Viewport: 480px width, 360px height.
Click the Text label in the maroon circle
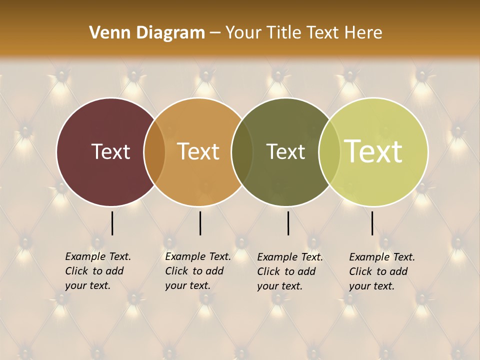(x=110, y=151)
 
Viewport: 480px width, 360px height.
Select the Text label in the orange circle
(x=198, y=151)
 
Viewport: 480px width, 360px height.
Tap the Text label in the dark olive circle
(x=285, y=151)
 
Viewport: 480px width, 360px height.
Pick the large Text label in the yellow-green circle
(x=373, y=151)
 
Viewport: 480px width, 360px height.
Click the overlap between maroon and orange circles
(x=154, y=151)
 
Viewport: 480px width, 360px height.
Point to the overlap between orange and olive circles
(x=242, y=151)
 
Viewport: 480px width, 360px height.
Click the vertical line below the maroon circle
(x=112, y=223)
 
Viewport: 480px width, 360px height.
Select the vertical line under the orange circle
(x=200, y=223)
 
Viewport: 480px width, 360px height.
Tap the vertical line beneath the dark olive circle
(x=288, y=223)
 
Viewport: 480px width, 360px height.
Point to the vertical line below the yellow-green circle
(x=372, y=223)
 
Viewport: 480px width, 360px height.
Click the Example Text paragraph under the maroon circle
(x=97, y=271)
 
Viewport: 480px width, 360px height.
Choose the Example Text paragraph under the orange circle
(x=197, y=271)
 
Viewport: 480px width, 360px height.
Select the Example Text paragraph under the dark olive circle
(x=289, y=271)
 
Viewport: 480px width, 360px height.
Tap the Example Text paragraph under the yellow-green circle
(x=381, y=271)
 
